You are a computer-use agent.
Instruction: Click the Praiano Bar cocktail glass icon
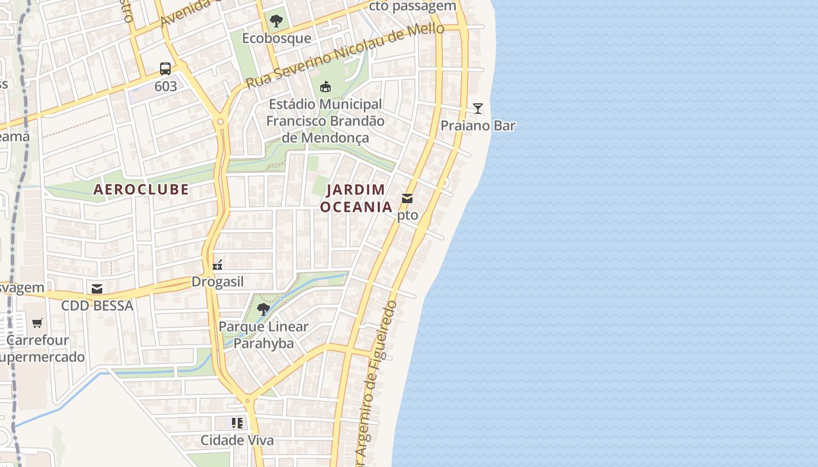click(x=478, y=108)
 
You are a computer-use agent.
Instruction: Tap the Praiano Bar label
click(x=478, y=126)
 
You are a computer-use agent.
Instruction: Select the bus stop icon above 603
click(x=165, y=69)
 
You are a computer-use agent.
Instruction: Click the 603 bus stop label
click(x=165, y=86)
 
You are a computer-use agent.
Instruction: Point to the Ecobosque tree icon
click(x=276, y=22)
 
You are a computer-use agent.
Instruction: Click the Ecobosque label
click(x=276, y=39)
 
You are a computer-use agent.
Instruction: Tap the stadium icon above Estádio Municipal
click(x=325, y=87)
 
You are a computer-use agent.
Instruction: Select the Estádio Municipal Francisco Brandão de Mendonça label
click(x=325, y=121)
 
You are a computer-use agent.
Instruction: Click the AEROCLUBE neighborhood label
click(x=141, y=189)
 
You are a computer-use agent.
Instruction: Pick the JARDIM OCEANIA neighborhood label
click(x=356, y=198)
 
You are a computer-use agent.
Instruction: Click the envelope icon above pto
click(x=407, y=198)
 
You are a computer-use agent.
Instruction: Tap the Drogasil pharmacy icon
click(x=217, y=266)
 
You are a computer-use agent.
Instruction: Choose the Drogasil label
click(x=217, y=282)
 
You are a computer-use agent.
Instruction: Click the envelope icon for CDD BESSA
click(x=97, y=288)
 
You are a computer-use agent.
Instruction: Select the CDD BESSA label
click(x=97, y=305)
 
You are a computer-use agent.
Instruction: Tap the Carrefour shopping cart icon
click(x=37, y=323)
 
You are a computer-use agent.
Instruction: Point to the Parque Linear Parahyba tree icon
click(x=263, y=309)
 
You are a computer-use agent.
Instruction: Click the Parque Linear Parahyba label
click(x=263, y=334)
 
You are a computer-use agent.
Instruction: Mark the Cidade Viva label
click(x=237, y=440)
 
